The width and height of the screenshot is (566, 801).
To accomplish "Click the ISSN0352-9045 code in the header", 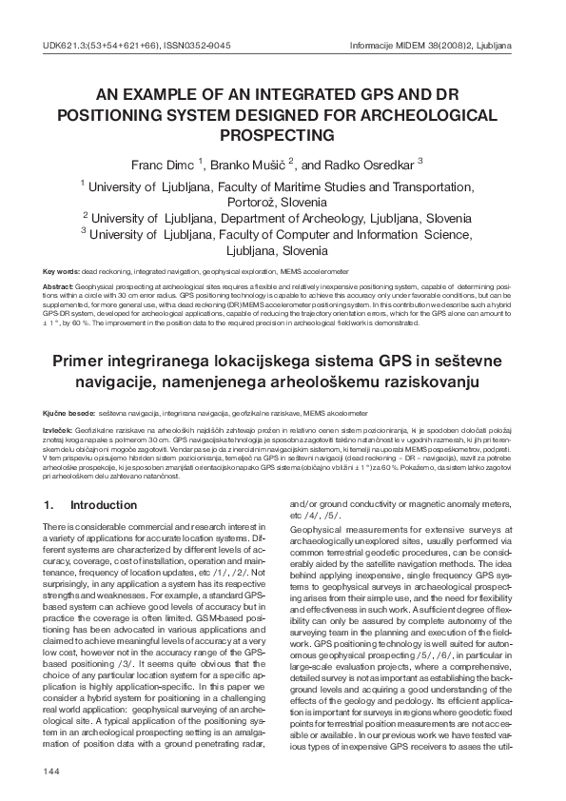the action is (x=199, y=45).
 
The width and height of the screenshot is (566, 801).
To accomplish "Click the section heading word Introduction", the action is (x=105, y=505).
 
